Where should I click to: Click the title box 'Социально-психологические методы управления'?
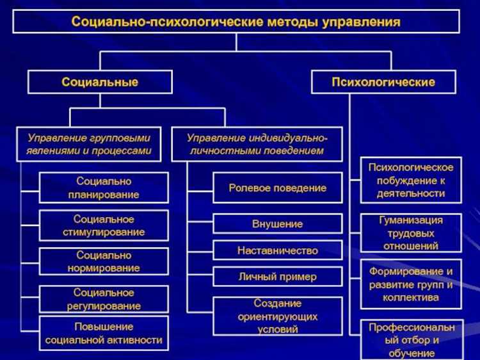[236, 22]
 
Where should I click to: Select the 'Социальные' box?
[100, 82]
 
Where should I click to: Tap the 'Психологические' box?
[383, 82]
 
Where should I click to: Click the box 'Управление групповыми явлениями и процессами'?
[89, 144]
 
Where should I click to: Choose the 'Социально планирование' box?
[104, 188]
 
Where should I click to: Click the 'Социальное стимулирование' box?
[104, 225]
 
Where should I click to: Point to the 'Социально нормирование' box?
[104, 261]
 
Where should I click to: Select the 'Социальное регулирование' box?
[104, 299]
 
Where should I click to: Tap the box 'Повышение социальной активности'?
[104, 333]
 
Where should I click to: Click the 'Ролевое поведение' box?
[277, 188]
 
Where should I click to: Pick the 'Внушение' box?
[277, 224]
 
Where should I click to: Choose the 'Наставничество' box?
[277, 250]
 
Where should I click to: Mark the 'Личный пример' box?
[277, 277]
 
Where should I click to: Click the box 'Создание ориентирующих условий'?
[277, 316]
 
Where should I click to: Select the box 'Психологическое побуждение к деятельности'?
[411, 180]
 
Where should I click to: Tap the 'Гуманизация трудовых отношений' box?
[411, 233]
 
